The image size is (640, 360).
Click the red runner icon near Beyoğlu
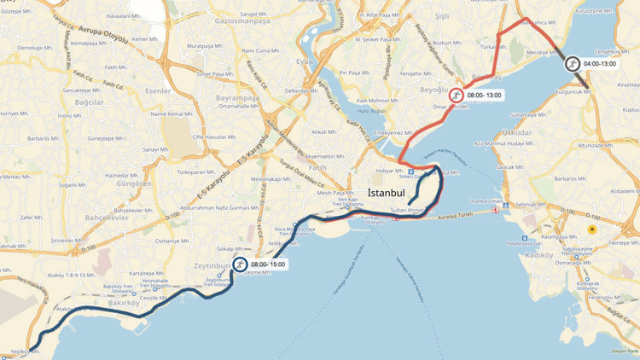click(x=457, y=95)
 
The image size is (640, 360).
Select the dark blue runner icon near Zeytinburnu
click(x=241, y=264)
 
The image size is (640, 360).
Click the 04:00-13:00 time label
click(x=602, y=64)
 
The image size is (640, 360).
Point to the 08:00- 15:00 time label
click(x=270, y=264)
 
